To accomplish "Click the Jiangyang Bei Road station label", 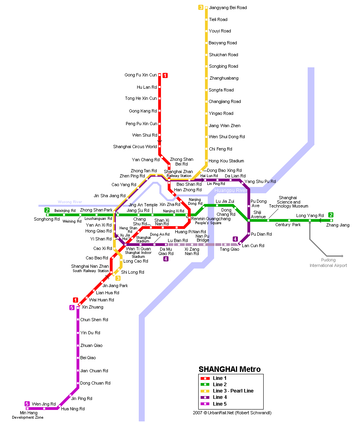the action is click(228, 8).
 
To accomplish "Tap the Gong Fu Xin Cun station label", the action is click(140, 75).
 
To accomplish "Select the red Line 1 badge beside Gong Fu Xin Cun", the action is click(165, 76).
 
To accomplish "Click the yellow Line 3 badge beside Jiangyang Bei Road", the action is click(201, 8).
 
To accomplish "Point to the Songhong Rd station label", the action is click(47, 219).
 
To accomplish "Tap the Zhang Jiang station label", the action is click(338, 225).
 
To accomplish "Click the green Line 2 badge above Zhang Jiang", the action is click(331, 215).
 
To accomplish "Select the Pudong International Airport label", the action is click(328, 263).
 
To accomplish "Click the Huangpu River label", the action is click(231, 191).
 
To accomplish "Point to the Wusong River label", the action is click(70, 202).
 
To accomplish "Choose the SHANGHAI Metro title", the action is click(230, 369).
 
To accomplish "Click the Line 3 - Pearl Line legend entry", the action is click(233, 391).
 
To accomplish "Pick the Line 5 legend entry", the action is click(220, 404).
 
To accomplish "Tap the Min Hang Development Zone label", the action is click(27, 415).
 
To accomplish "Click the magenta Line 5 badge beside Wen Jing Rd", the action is click(27, 404).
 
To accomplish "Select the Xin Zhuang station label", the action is click(92, 307).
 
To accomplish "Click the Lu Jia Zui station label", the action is click(225, 201).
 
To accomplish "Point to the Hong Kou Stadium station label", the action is click(226, 161).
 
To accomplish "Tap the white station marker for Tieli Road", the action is click(206, 19).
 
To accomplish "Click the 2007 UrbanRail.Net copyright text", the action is click(232, 413).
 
